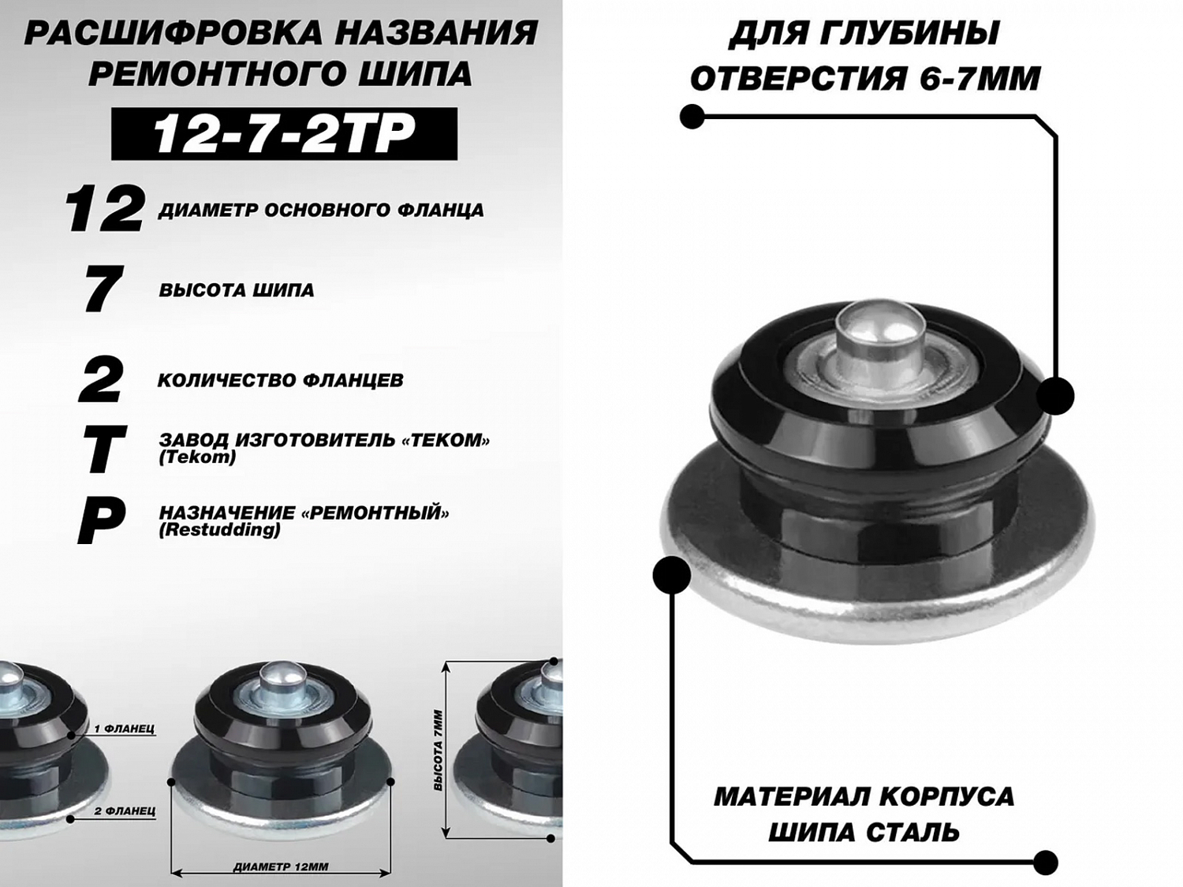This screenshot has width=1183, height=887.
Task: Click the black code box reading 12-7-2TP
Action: [x=284, y=133]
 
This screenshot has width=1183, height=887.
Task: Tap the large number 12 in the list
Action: [x=105, y=209]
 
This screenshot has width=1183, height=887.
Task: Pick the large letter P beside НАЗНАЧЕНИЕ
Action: [x=101, y=521]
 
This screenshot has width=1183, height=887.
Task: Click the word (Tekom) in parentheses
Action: [x=197, y=457]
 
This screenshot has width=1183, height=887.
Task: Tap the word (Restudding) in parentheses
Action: [x=220, y=530]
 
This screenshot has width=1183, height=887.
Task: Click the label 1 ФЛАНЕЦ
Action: [x=125, y=729]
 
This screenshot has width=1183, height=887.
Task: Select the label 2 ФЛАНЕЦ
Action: [x=125, y=811]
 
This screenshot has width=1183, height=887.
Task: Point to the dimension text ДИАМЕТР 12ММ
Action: [x=281, y=867]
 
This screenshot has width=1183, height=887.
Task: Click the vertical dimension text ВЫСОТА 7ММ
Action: [x=438, y=751]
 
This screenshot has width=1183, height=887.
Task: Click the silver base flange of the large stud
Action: [x=878, y=582]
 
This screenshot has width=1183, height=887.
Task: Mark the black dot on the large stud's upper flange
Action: [x=1054, y=397]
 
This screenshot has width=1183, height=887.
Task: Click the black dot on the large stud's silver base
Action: [x=672, y=576]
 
